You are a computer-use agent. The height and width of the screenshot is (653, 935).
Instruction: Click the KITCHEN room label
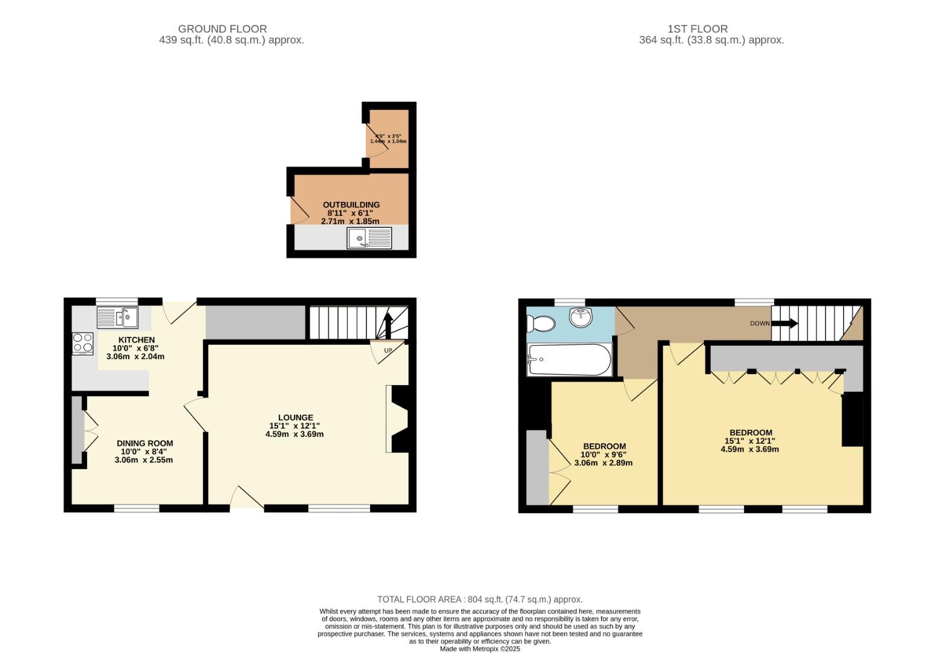[136, 340]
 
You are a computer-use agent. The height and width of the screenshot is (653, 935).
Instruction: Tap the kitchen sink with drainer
[118, 317]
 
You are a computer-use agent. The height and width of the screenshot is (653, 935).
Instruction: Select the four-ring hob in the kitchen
[83, 343]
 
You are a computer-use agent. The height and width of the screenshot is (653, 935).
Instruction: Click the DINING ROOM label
[145, 443]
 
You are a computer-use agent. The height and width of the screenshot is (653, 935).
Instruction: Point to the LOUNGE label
[295, 417]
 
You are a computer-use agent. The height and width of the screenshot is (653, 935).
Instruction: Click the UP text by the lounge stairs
[388, 351]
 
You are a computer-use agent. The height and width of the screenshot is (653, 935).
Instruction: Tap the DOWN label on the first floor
[760, 323]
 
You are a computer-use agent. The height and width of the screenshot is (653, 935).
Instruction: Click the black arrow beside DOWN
[785, 323]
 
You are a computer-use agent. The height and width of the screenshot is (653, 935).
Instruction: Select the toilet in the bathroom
[540, 325]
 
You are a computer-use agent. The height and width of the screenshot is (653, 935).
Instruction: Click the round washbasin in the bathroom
[581, 317]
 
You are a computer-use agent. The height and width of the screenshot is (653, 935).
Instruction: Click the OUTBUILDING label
[351, 205]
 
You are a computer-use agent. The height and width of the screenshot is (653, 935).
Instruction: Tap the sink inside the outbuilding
[370, 238]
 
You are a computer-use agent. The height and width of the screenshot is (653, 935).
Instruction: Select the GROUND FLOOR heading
[222, 28]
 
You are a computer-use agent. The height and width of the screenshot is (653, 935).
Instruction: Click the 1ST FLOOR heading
[697, 28]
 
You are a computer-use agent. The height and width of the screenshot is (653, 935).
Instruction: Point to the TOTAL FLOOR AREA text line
[480, 599]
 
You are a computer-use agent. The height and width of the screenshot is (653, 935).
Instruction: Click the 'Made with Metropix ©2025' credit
[480, 649]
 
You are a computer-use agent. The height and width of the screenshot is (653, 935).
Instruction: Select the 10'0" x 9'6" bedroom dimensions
[603, 455]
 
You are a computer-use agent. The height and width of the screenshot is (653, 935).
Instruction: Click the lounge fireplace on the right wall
[398, 419]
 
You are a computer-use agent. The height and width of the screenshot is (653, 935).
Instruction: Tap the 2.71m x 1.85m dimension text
[350, 221]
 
